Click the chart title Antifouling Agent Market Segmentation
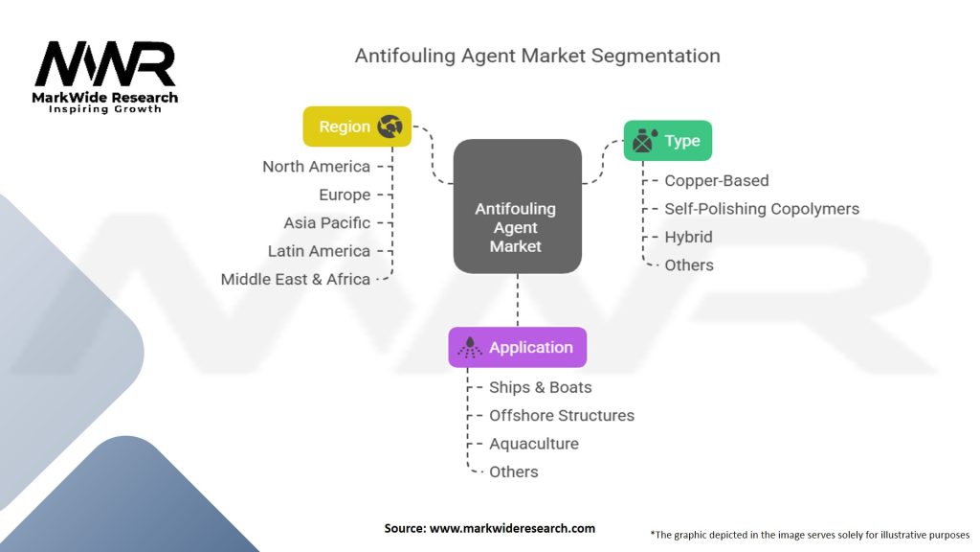(537, 56)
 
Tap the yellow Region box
(357, 126)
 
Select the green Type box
(667, 141)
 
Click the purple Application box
(517, 348)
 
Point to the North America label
(316, 167)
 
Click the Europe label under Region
(345, 195)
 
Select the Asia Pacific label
(326, 223)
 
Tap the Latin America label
(319, 251)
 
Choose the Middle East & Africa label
(295, 280)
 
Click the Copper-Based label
(716, 180)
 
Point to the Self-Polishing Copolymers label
(762, 209)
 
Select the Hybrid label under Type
(688, 237)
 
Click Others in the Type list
(689, 265)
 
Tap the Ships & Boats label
(540, 387)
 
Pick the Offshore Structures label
(561, 416)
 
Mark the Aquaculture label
(533, 444)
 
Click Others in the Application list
(513, 472)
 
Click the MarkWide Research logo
(106, 74)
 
